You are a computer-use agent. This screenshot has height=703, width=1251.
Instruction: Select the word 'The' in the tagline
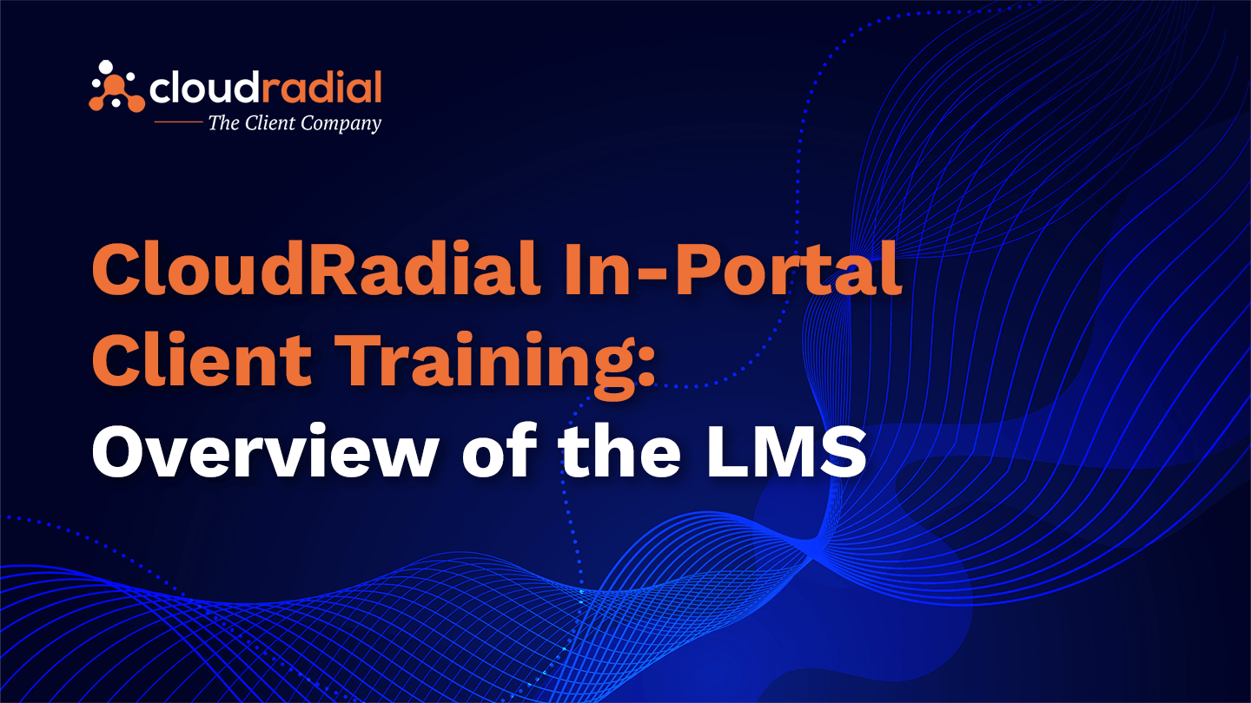[x=223, y=122]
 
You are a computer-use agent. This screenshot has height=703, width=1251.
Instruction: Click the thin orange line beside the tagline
[x=178, y=122]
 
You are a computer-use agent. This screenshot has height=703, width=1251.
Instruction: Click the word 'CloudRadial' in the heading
[x=316, y=268]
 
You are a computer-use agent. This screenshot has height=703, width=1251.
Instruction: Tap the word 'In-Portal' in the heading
[x=732, y=268]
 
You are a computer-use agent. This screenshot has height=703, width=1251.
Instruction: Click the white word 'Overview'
[x=265, y=450]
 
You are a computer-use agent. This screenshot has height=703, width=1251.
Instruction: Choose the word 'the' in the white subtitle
[x=620, y=450]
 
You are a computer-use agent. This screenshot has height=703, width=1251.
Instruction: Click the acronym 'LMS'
[x=786, y=450]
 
